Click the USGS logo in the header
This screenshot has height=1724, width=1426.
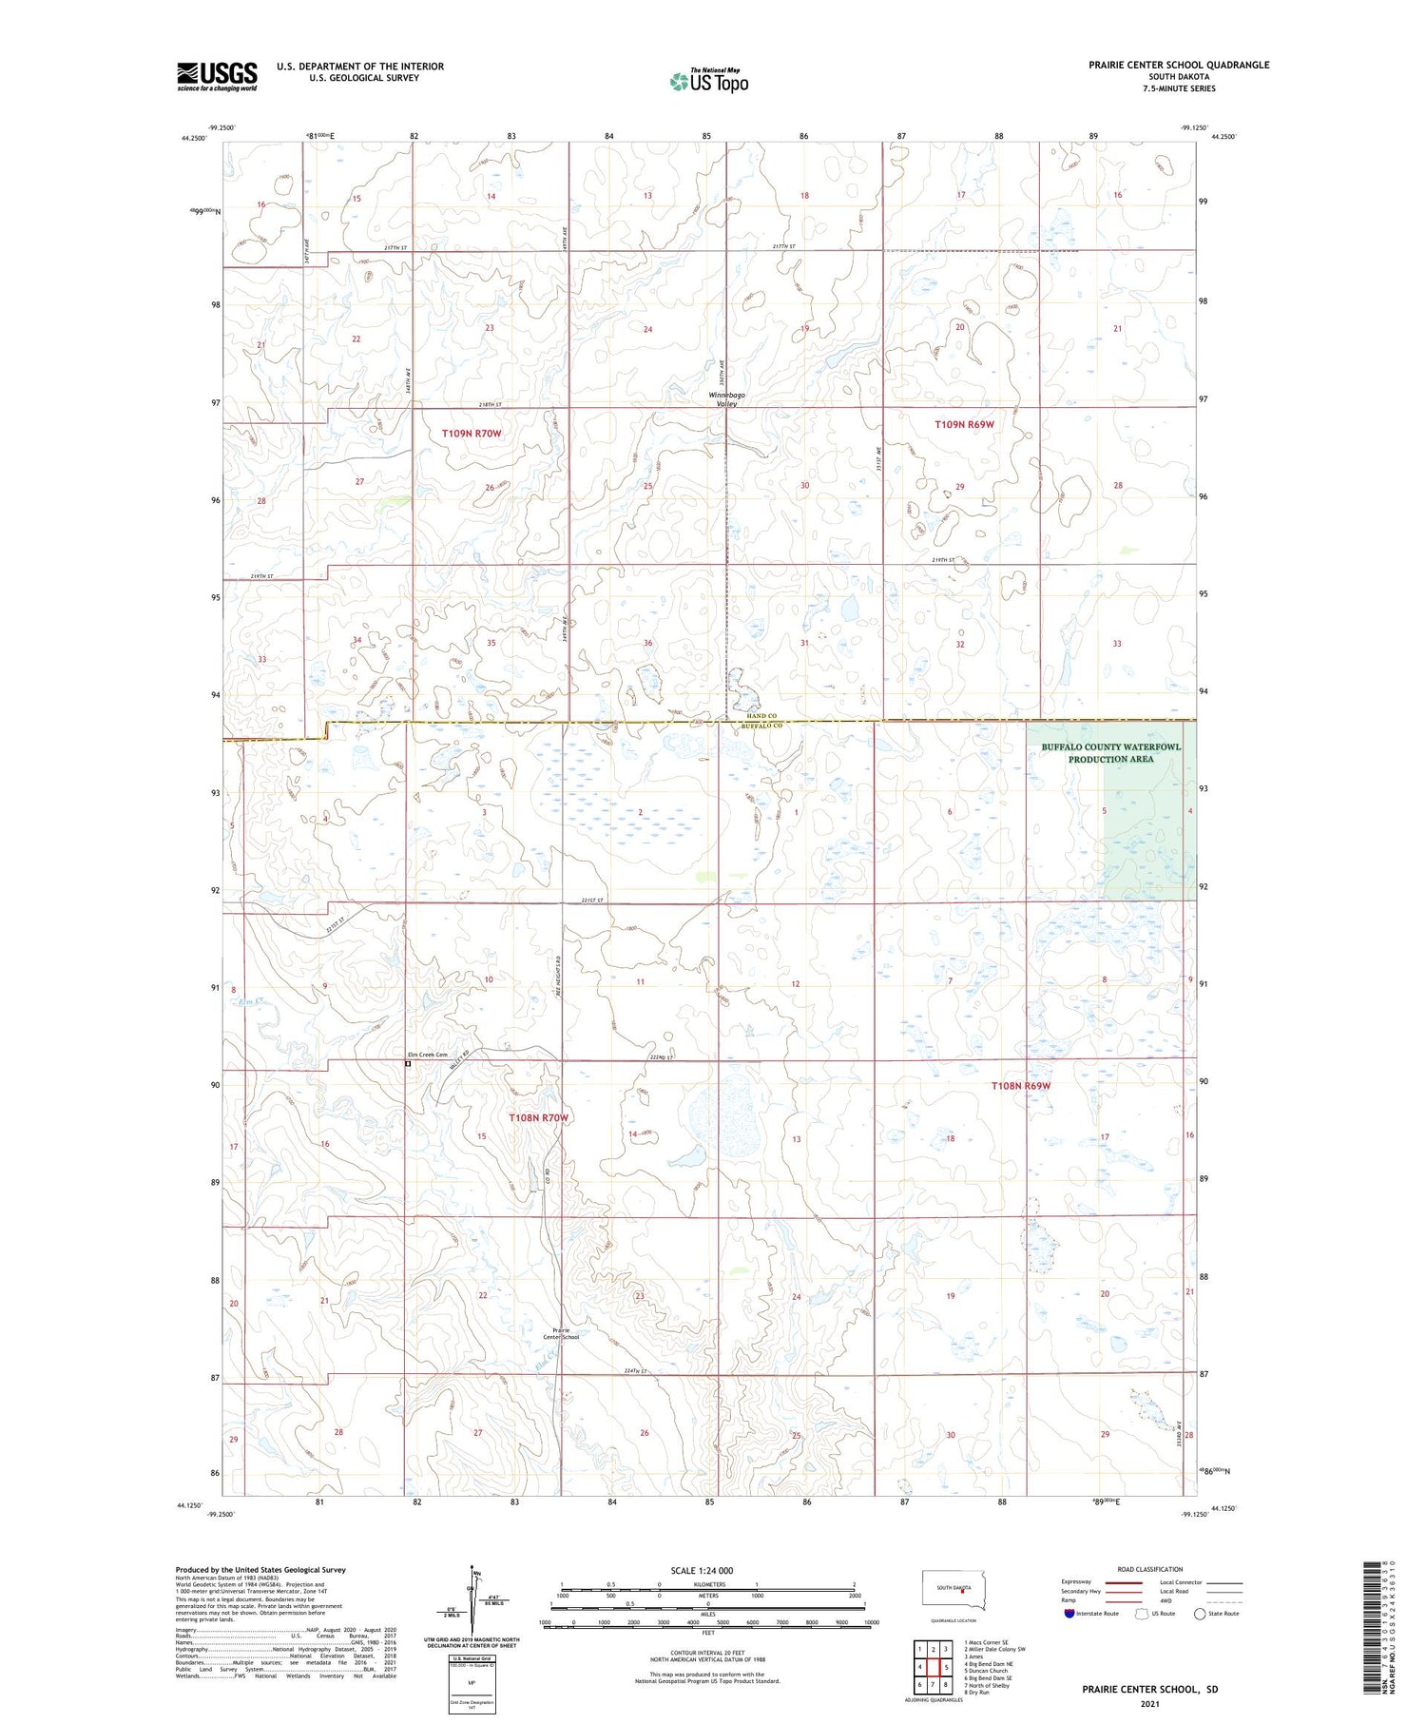pyautogui.click(x=216, y=76)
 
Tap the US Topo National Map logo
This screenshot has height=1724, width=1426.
pyautogui.click(x=708, y=81)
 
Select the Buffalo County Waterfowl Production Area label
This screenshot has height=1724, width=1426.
pyautogui.click(x=1110, y=753)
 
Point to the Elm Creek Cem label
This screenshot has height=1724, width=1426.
pyautogui.click(x=427, y=1055)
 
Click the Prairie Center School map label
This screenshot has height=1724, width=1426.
pyautogui.click(x=561, y=1333)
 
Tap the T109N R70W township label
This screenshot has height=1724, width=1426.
pyautogui.click(x=471, y=434)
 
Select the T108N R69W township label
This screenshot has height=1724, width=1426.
pyautogui.click(x=1021, y=1085)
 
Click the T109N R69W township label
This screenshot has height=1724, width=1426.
pyautogui.click(x=964, y=424)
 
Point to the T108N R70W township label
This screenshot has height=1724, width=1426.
pyautogui.click(x=538, y=1117)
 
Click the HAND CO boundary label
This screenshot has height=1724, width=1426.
pyautogui.click(x=762, y=716)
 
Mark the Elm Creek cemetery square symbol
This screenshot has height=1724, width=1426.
pyautogui.click(x=408, y=1065)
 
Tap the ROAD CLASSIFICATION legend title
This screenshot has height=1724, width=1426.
pyautogui.click(x=1150, y=1569)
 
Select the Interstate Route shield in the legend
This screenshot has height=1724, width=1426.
pyautogui.click(x=1069, y=1614)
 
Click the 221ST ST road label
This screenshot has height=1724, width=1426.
pyautogui.click(x=591, y=901)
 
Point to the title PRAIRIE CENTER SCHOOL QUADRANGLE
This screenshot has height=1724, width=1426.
pyautogui.click(x=1179, y=65)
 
